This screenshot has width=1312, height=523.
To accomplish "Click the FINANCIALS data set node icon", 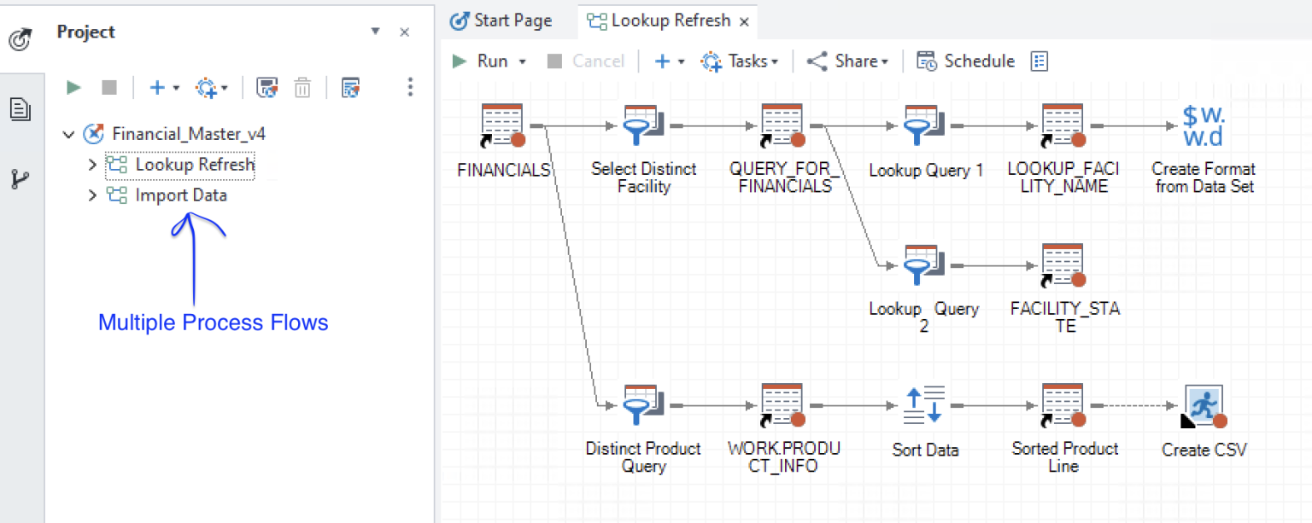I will [x=502, y=126].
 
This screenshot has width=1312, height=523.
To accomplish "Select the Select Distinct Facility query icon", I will [x=643, y=126].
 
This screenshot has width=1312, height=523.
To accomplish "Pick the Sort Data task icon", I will [x=925, y=406].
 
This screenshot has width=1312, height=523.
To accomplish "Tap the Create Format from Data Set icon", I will [x=1204, y=126].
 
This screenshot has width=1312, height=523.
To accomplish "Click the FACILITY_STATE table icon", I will [x=1063, y=266].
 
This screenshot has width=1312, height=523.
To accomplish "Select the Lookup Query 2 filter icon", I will [x=923, y=266].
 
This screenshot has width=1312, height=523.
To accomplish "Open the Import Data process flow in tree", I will [x=180, y=195].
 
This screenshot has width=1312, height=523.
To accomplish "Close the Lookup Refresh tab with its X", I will [x=744, y=21].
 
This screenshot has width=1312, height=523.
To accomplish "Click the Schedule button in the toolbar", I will [x=966, y=61].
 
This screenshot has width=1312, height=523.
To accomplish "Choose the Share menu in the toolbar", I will [x=848, y=61].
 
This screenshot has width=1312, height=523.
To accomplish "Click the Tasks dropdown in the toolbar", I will [x=740, y=61].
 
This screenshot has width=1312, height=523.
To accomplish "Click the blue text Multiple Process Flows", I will [x=213, y=323].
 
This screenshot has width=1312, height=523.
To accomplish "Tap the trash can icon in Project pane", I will [x=302, y=87].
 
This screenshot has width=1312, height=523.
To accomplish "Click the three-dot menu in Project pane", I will [x=411, y=87].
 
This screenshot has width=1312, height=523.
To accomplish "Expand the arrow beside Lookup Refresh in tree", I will [x=92, y=165].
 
